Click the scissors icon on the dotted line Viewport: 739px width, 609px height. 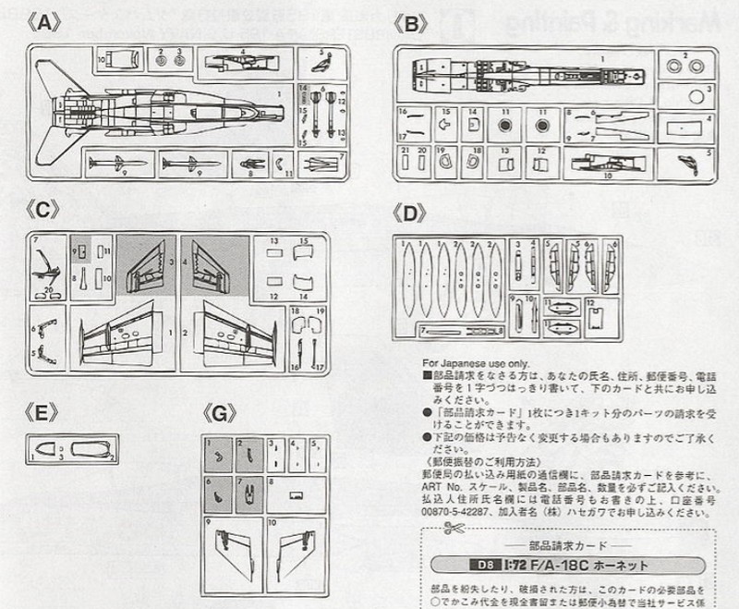point(453,530)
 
